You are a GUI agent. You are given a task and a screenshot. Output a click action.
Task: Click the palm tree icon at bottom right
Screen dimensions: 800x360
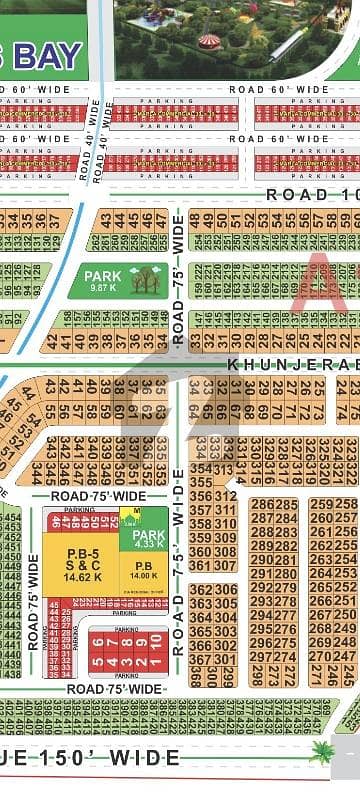pyautogui.click(x=322, y=753)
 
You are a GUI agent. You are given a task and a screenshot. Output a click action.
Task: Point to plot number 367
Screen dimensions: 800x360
pyautogui.click(x=199, y=658)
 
